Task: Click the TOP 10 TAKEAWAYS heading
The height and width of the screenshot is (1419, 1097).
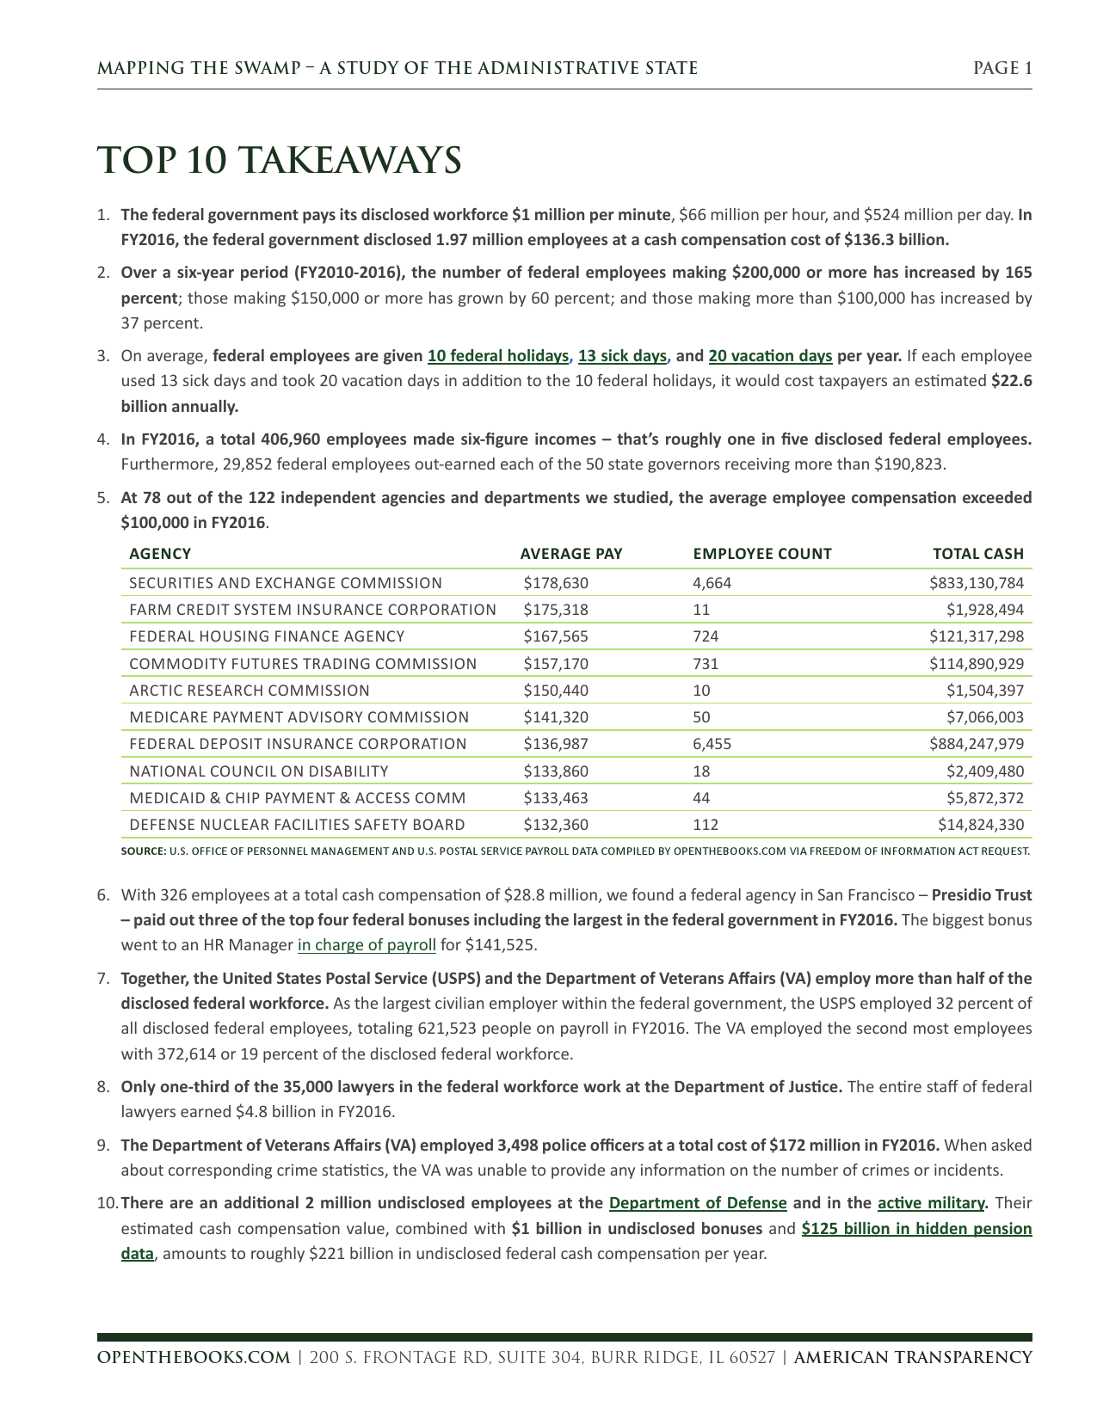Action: (x=279, y=161)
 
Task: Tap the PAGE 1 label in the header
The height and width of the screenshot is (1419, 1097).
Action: (x=1002, y=69)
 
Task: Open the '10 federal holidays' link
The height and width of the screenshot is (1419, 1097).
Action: (x=498, y=356)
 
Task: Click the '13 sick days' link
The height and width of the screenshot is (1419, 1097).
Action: (x=622, y=356)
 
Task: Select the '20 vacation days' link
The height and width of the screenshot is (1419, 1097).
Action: (x=770, y=356)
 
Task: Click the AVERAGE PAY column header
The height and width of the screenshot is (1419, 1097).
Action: (x=570, y=554)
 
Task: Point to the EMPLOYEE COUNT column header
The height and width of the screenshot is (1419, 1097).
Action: (x=761, y=554)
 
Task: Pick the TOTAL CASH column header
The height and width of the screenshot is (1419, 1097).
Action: (x=978, y=554)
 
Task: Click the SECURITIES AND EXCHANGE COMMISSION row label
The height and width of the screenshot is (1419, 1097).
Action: (x=286, y=583)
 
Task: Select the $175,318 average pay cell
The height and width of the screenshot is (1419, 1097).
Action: (x=556, y=610)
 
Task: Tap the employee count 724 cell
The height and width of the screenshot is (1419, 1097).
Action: (x=706, y=636)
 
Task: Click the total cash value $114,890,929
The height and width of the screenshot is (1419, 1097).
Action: (x=977, y=664)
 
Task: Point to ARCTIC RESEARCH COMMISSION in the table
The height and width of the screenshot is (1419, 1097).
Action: (x=250, y=691)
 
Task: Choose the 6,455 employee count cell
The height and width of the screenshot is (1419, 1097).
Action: (x=712, y=744)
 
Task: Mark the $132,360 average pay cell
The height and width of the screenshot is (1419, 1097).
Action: (x=556, y=825)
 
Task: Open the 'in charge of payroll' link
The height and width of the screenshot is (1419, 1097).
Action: (x=367, y=945)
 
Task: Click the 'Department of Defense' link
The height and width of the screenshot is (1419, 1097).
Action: (x=698, y=1203)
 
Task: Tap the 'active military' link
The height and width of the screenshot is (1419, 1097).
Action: (x=931, y=1203)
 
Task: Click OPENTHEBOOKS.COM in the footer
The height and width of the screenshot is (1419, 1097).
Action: (x=194, y=1357)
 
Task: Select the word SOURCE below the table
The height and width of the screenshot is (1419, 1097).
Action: (x=143, y=851)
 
